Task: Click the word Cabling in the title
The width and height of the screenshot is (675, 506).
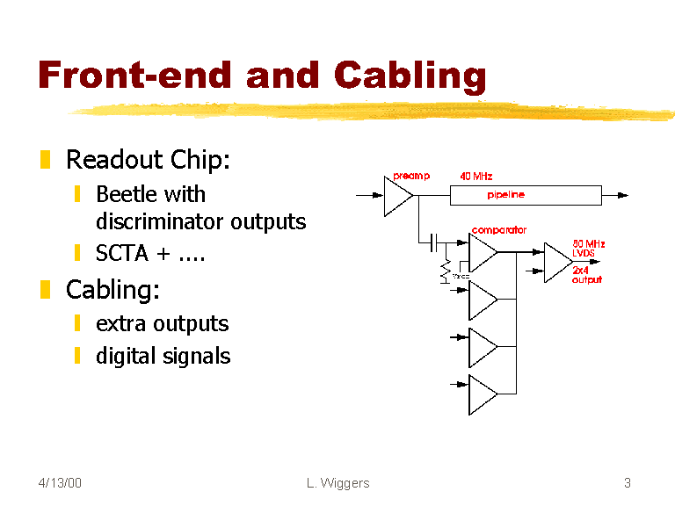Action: (410, 76)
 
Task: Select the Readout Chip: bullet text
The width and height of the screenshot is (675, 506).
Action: (148, 160)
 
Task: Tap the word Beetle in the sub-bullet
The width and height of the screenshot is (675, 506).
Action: (125, 193)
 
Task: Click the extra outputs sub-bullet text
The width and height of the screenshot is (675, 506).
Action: (162, 323)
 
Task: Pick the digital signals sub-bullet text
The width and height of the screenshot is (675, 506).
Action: (163, 356)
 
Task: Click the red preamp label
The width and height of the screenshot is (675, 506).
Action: (411, 176)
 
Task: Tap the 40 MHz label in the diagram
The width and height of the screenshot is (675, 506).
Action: (476, 176)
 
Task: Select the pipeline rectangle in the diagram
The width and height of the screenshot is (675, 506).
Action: (526, 195)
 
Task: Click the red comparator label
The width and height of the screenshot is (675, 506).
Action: (499, 230)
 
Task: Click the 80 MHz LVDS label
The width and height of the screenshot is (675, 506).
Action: (588, 248)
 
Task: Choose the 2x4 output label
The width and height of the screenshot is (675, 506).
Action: (586, 275)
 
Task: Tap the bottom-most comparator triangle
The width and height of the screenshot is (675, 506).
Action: (482, 394)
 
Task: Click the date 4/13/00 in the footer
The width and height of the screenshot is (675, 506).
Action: (61, 482)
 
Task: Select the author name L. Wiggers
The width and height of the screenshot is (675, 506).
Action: (338, 482)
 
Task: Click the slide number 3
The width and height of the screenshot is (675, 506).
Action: (628, 482)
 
